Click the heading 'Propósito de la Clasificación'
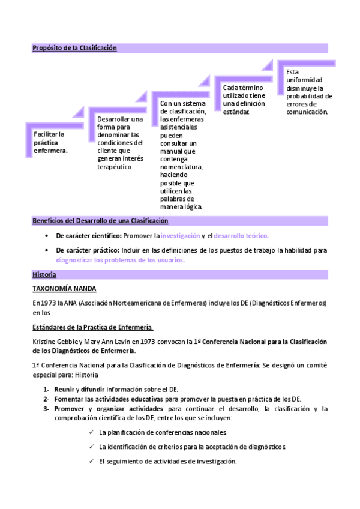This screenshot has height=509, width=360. (74, 48)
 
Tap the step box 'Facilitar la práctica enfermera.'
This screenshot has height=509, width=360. (50, 142)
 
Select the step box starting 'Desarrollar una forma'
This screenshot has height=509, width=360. (120, 143)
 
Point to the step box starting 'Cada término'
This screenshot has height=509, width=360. (243, 100)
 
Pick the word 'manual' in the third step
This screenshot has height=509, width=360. (170, 151)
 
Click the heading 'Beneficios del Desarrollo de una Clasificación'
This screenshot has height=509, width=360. (100, 221)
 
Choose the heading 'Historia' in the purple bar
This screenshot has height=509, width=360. (44, 274)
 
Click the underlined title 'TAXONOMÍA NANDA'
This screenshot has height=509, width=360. (64, 289)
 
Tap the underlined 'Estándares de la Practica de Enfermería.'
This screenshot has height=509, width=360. (92, 327)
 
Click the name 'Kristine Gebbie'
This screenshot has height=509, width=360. (55, 342)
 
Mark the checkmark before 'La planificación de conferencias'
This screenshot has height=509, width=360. (91, 432)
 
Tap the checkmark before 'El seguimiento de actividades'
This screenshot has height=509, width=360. (91, 461)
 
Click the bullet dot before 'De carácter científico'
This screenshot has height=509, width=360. (47, 236)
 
